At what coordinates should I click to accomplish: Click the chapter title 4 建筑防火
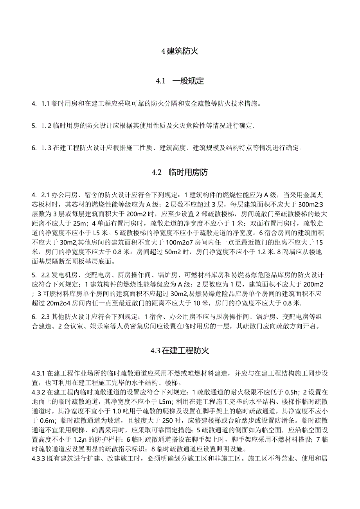click(x=180, y=51)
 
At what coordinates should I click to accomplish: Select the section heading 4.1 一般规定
click(x=180, y=81)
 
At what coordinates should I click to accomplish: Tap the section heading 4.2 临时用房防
click(x=180, y=172)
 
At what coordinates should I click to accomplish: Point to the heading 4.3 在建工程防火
click(x=180, y=351)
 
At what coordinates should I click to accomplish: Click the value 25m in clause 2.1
click(x=77, y=223)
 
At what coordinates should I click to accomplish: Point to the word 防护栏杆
click(x=106, y=440)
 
